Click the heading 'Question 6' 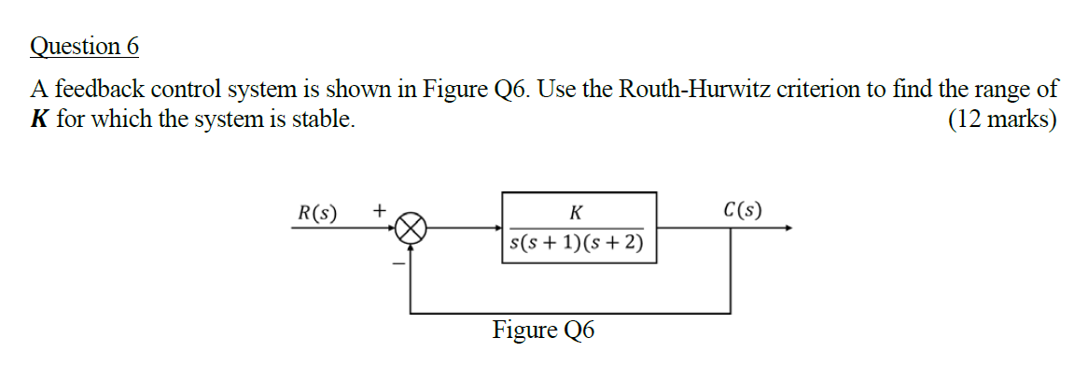click(84, 46)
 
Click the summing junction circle click(411, 228)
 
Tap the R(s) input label click(318, 211)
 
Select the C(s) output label click(742, 210)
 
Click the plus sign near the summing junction click(380, 211)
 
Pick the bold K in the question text click(40, 120)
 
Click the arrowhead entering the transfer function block click(497, 228)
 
